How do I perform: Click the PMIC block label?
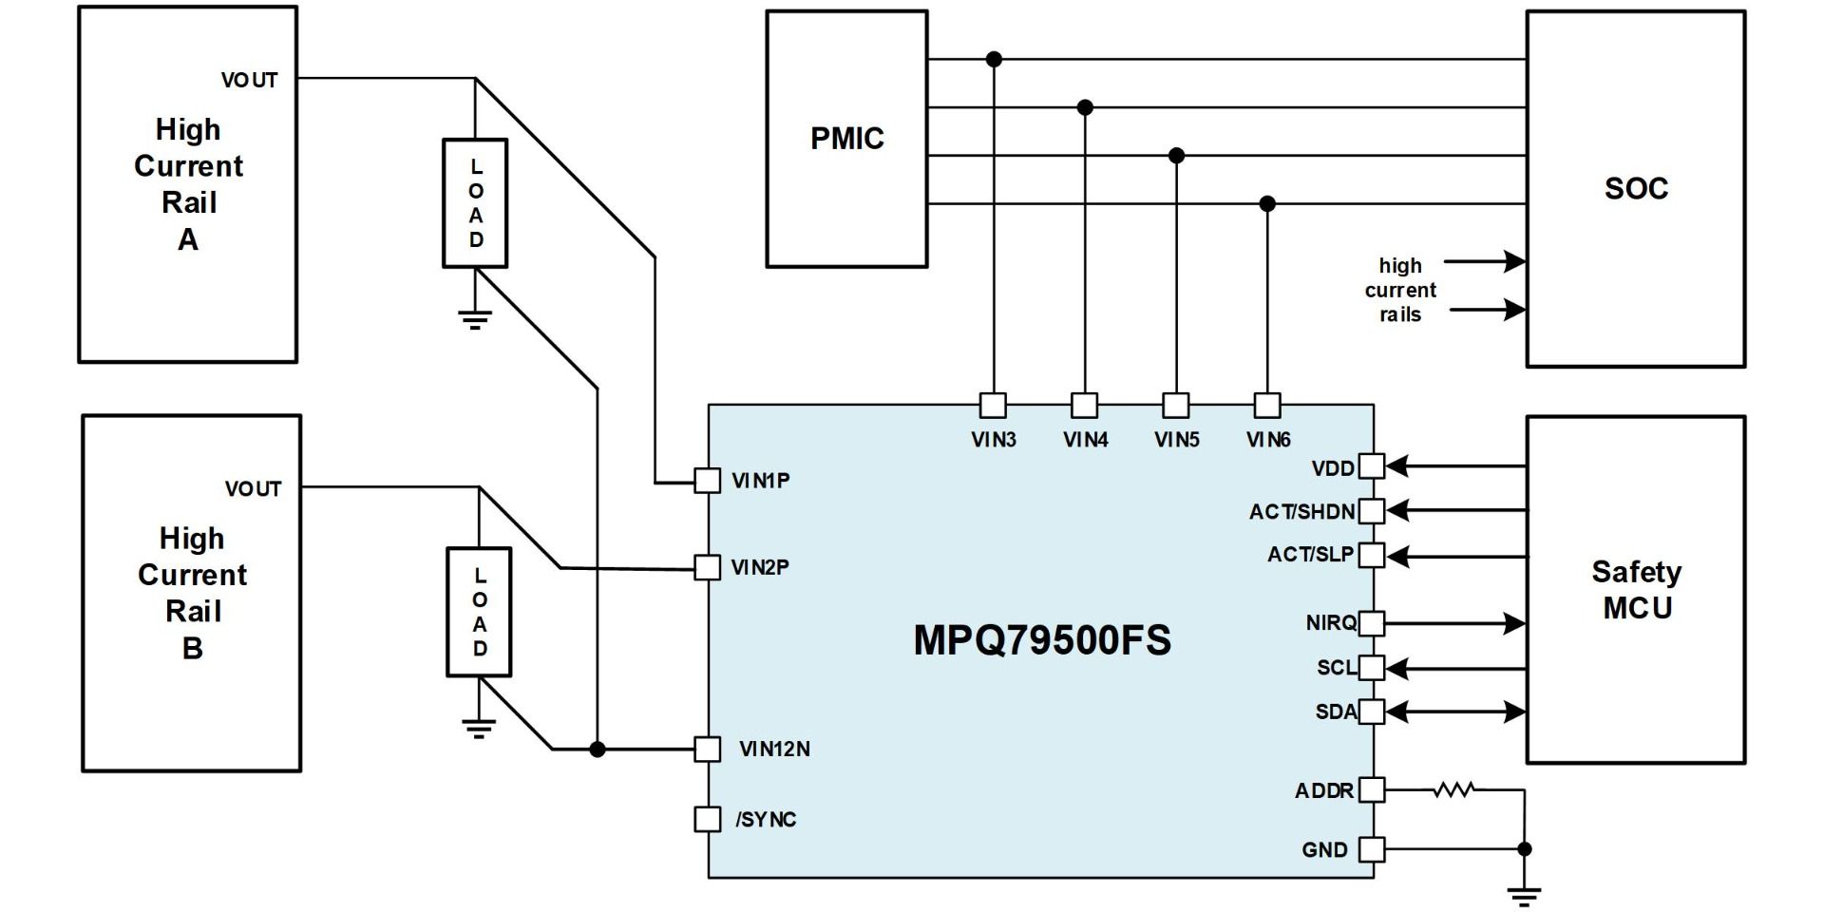846,139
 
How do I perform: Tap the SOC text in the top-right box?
1636,188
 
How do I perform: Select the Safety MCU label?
1636,589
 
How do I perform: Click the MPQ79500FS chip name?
1041,640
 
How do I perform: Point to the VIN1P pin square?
707,481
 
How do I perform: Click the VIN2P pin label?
760,567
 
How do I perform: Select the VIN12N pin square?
707,749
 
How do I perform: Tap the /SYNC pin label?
766,819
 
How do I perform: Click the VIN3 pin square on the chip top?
993,406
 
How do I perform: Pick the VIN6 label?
1268,440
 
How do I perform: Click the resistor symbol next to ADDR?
1453,788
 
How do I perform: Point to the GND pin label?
1324,850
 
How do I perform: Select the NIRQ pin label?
1331,622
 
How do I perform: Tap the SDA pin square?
1372,712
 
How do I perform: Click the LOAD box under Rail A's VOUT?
475,203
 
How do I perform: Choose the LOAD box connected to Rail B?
479,612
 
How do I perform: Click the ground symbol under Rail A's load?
475,318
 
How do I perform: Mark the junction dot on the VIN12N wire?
597,749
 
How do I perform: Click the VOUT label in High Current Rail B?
253,489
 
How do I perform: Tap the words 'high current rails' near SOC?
1400,290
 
